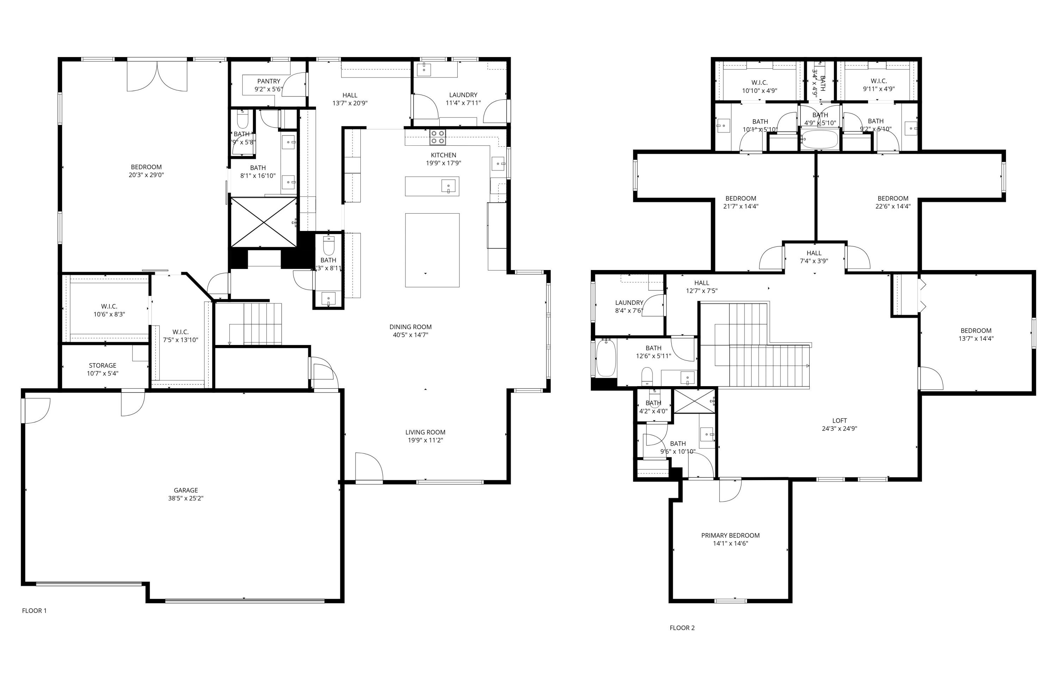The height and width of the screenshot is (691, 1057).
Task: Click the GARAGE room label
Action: coord(186,490)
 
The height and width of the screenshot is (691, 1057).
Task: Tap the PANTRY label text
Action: coord(269,81)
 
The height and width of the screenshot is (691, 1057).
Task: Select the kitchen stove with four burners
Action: coord(438,137)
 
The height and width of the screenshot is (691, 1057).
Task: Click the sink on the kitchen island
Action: coord(449,186)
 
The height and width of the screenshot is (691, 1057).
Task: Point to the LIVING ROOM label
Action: coord(425,432)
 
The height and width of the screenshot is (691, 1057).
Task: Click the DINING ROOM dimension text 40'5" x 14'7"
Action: coord(410,335)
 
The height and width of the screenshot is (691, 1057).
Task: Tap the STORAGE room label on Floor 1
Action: coord(102,365)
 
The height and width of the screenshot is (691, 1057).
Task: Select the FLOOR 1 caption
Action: coord(34,611)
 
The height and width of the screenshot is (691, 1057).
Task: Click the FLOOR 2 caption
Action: coord(682,628)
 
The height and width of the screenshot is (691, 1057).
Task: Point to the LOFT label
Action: coord(839,420)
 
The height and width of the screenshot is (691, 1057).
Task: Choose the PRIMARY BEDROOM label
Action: coord(730,535)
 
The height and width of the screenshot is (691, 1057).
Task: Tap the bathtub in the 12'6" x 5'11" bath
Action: coord(605,358)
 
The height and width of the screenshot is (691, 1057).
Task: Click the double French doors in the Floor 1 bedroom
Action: coord(157,76)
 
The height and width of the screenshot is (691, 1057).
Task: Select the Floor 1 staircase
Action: coord(262,324)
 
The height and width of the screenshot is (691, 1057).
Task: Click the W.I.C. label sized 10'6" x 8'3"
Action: coord(109,306)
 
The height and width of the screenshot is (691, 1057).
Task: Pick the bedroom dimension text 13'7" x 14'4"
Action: coord(976,339)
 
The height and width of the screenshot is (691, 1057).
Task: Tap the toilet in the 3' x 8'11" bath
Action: coord(329,246)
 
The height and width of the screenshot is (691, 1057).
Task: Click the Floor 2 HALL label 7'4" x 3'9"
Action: coord(814,253)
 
